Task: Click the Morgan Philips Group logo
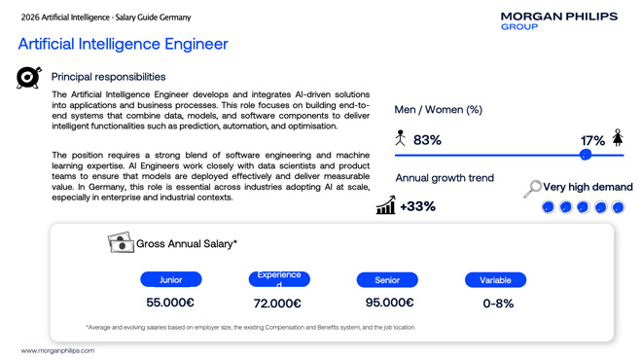559,20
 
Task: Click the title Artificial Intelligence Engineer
123,44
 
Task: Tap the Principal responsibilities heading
109,77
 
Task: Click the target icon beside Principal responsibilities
28,77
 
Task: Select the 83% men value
427,140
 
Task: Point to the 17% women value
592,141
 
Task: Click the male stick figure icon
401,137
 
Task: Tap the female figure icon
618,137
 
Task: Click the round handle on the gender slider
586,155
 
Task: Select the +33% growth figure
417,206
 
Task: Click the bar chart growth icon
386,204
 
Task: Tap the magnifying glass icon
532,189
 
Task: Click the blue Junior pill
171,279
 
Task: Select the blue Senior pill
387,279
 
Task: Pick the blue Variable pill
495,279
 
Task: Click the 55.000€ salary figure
170,303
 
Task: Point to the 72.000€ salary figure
277,304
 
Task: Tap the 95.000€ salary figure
389,303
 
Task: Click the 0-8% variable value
498,304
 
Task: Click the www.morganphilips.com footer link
57,350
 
